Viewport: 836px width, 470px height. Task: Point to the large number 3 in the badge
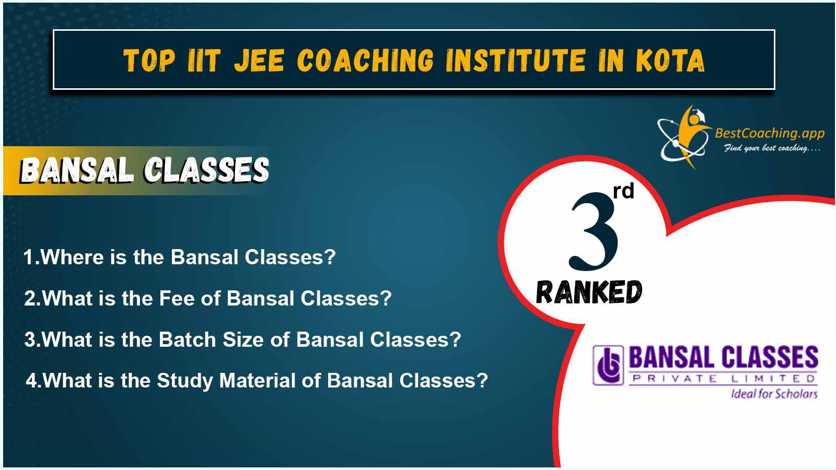(593, 231)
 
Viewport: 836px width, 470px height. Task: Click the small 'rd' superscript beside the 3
(624, 191)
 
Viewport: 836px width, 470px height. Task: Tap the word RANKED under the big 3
(589, 292)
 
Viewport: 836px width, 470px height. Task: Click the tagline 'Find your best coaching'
(772, 148)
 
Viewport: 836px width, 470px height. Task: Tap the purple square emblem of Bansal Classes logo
(608, 365)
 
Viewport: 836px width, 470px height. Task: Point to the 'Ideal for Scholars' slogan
(774, 394)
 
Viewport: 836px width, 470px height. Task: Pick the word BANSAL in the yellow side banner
(77, 170)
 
